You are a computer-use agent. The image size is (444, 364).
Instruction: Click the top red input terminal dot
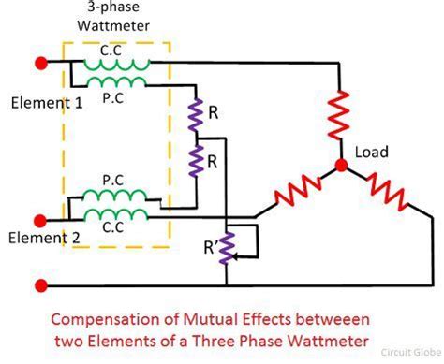(x=40, y=64)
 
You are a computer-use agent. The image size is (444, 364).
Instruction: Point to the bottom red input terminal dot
(x=40, y=284)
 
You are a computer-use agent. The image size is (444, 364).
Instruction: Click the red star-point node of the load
(x=342, y=167)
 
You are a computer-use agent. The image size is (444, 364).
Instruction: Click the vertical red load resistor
(x=342, y=112)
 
